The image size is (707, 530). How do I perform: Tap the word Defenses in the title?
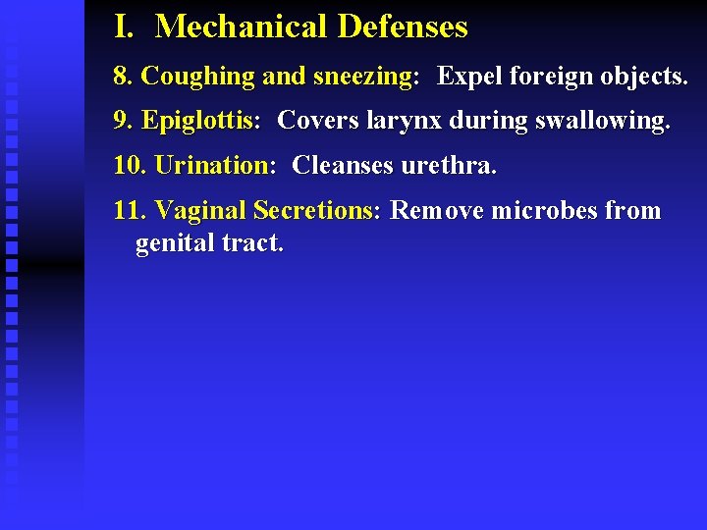coord(403,26)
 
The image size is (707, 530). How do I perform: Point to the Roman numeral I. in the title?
coord(124,26)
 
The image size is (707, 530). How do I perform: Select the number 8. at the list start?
coord(123,76)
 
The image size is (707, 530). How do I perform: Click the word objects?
coord(643,77)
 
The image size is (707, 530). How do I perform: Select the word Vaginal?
coord(201,210)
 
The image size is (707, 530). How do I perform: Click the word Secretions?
coord(315,210)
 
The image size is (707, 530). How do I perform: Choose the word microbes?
coord(544,210)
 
